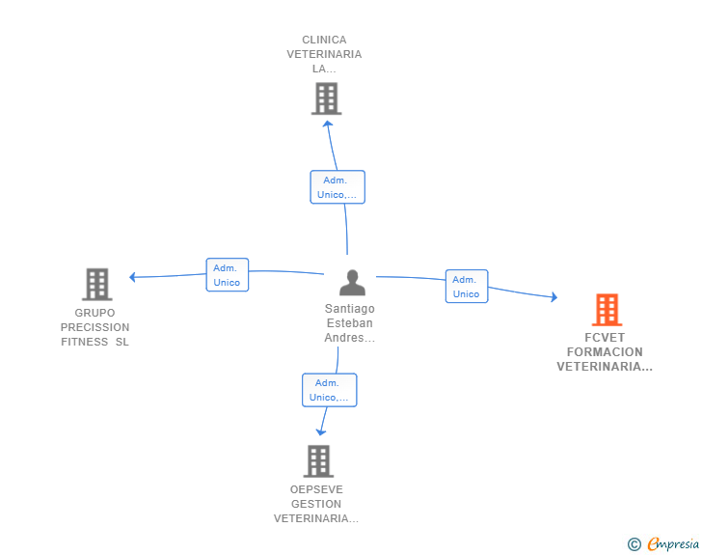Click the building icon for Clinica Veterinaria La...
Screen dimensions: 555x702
[326, 98]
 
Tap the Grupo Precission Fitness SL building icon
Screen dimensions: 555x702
[96, 285]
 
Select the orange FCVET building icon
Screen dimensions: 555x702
[606, 310]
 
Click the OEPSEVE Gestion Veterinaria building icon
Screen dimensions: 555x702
[318, 461]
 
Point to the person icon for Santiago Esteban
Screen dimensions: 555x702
[352, 283]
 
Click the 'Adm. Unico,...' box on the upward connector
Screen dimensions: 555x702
[337, 187]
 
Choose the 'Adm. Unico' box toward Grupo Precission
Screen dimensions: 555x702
[228, 275]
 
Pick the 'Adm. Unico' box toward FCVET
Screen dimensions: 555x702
[467, 287]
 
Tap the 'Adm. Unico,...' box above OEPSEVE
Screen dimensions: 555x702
[329, 390]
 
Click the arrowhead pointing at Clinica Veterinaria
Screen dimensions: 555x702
[328, 123]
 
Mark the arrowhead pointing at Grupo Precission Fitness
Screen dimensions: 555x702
[133, 277]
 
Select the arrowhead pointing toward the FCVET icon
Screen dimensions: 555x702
[553, 297]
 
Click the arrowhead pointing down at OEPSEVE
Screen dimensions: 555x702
[321, 431]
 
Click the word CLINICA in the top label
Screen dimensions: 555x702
[324, 40]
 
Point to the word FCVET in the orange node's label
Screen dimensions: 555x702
[605, 338]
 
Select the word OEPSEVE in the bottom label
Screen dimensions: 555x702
[316, 489]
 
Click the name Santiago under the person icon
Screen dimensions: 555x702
[349, 309]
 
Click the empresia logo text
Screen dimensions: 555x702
[673, 544]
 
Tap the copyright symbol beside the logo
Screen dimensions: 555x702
[634, 544]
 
